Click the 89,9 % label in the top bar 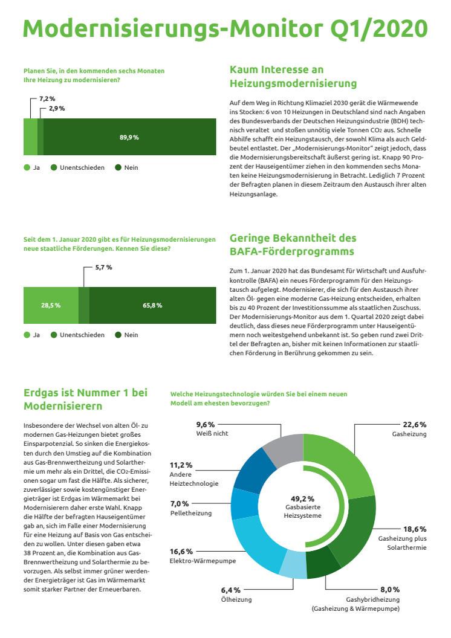coord(129,138)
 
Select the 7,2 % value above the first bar coord(47,99)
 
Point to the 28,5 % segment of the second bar coord(51,305)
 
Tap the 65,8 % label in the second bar coord(152,305)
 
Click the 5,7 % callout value coord(104,267)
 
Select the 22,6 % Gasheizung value coord(414,425)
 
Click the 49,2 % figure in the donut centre coord(302,499)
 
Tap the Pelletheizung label coord(191,513)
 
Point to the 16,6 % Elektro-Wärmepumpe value coord(181,552)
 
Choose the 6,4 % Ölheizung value coord(231,590)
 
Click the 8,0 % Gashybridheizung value coord(390,590)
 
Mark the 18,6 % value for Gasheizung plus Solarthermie coord(415,529)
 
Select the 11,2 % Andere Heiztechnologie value coord(181,465)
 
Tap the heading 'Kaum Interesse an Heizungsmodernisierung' coord(293,77)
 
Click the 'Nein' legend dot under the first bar coord(118,167)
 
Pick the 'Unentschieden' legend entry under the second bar coord(77,335)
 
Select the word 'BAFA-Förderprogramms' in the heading coord(292,251)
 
